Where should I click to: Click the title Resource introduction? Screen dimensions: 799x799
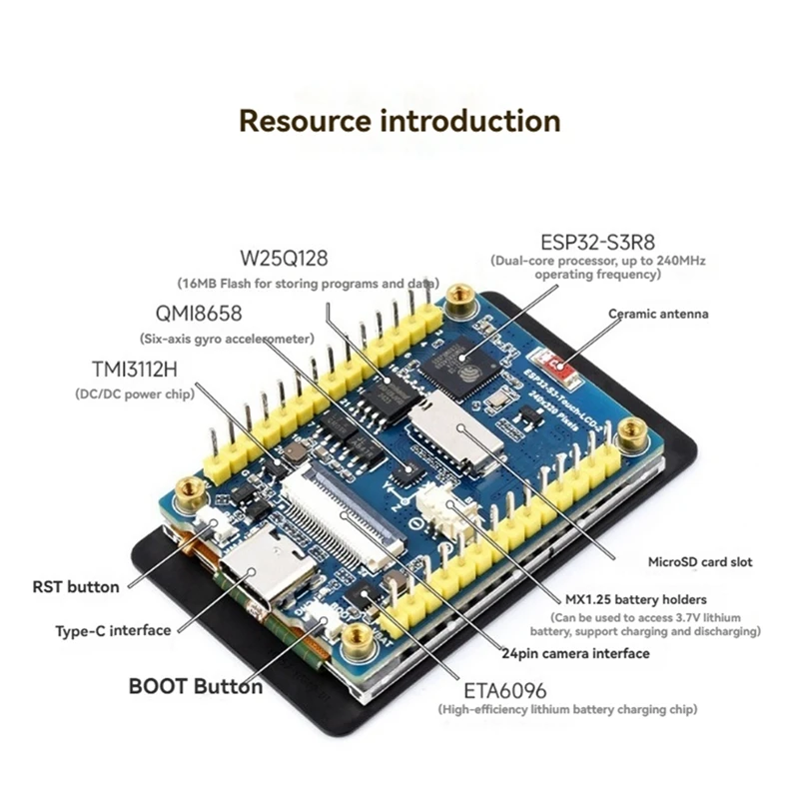pyautogui.click(x=399, y=121)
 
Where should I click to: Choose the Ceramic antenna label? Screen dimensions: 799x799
pyautogui.click(x=659, y=314)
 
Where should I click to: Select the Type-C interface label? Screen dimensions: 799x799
pyautogui.click(x=113, y=630)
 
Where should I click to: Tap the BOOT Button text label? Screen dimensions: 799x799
pyautogui.click(x=196, y=686)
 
